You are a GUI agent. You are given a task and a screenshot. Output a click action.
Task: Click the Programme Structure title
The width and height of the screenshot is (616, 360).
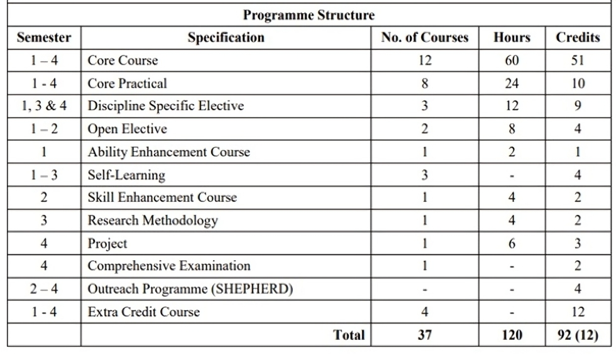(308, 14)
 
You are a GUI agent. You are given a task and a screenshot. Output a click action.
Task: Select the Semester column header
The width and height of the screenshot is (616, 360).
(43, 38)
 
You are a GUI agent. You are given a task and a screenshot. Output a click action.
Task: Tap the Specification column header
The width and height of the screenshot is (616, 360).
(226, 38)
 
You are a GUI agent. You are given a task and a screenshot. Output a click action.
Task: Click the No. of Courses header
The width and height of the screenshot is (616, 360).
(424, 38)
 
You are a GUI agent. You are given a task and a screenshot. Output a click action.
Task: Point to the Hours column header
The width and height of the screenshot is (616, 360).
(512, 38)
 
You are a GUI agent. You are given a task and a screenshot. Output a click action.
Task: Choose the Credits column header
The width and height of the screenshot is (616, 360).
(578, 38)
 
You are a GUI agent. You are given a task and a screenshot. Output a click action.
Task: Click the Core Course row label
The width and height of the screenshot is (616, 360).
(123, 61)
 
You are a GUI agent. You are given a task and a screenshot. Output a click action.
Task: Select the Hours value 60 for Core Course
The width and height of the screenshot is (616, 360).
(512, 61)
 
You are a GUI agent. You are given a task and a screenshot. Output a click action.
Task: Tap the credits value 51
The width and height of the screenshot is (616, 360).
(578, 61)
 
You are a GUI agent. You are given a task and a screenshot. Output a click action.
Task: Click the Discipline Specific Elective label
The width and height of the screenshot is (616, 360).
(165, 106)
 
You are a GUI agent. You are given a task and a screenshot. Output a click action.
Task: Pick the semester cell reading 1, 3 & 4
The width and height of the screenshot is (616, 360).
(43, 106)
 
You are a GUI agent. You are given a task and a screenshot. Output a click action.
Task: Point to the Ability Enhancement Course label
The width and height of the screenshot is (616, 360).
(168, 152)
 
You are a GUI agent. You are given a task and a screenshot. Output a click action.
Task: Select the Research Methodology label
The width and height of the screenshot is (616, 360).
(153, 221)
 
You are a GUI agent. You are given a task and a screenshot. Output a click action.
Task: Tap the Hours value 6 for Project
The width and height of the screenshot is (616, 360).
(512, 243)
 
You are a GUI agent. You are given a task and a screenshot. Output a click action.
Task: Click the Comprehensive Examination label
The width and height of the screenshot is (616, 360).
(168, 266)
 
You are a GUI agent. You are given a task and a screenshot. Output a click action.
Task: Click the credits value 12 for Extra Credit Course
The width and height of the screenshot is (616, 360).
(578, 312)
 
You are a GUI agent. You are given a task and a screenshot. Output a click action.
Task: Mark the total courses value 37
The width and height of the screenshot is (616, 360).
(424, 335)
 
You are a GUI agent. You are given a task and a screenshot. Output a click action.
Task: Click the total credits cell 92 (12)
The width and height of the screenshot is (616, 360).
(578, 335)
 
